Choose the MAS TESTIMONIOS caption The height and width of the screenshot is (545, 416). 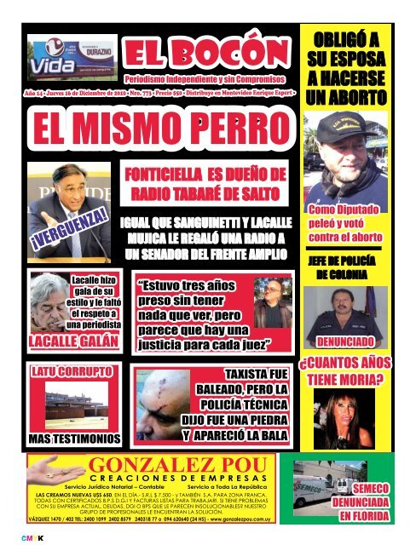(x=60, y=439)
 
